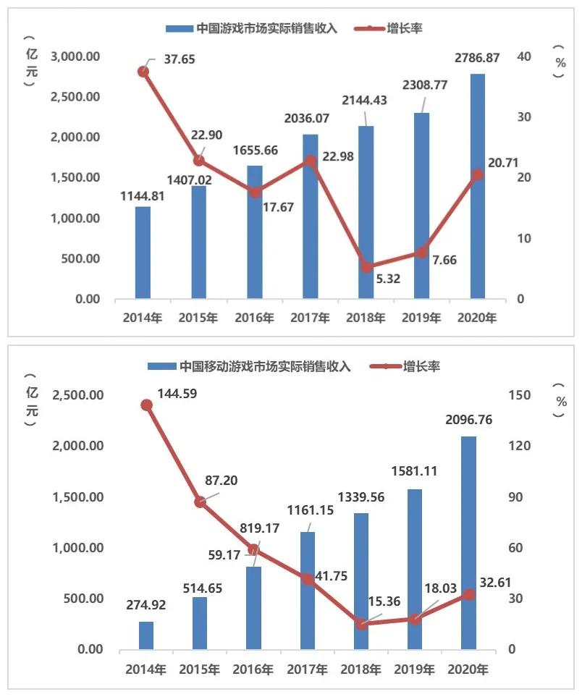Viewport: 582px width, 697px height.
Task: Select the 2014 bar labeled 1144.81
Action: point(143,253)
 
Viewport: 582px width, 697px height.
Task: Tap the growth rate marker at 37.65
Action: point(143,72)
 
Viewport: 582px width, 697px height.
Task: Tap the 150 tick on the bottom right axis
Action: point(524,395)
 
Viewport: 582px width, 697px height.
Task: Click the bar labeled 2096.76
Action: point(468,543)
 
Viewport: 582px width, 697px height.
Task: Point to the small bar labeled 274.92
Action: point(145,635)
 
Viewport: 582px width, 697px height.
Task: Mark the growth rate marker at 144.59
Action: point(145,405)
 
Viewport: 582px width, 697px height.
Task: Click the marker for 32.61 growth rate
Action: point(468,594)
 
